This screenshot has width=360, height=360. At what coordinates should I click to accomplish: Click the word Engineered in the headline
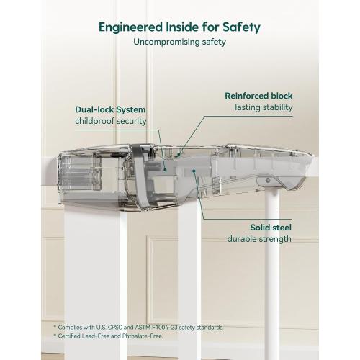tap(131, 27)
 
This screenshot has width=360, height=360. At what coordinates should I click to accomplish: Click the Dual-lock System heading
tap(110, 109)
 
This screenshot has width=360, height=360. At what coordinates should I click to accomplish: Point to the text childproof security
tap(111, 121)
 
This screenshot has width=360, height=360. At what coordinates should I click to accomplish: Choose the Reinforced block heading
tap(258, 96)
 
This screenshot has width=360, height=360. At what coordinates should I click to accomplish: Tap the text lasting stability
tap(264, 107)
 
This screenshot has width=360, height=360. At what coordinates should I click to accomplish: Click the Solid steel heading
tap(271, 228)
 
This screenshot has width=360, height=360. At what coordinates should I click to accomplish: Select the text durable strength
tap(259, 239)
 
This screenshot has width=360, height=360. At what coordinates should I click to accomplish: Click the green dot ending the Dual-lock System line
tap(165, 170)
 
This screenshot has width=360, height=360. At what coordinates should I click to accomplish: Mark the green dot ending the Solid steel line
tap(194, 171)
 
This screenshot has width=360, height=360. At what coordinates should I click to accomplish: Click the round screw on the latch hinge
tap(268, 180)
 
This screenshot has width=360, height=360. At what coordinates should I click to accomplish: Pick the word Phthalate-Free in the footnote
tap(143, 336)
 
